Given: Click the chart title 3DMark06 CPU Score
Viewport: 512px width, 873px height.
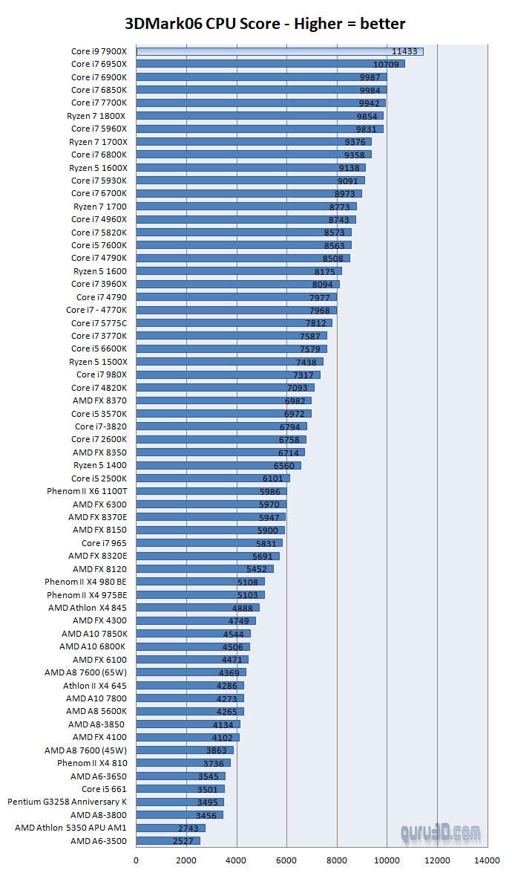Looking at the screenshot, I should [256, 23].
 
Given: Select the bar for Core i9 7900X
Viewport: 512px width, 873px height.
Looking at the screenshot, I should [280, 51].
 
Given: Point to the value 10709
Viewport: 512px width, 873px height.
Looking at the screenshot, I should [386, 65].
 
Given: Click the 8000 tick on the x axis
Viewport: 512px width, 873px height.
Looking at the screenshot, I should [337, 860].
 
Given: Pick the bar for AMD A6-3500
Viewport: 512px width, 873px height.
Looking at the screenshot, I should [168, 841].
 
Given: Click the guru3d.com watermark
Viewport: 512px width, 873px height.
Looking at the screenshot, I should [440, 833].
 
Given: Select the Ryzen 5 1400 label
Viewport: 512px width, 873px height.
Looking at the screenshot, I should [100, 465].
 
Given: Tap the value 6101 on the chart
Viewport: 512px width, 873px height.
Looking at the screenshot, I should [273, 478].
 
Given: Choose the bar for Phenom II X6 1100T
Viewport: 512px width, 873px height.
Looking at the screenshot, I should [211, 491].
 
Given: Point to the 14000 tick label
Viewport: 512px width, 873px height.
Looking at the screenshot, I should [488, 860].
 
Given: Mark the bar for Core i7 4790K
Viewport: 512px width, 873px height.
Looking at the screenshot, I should [243, 259].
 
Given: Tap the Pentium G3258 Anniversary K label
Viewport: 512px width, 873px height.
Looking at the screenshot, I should [68, 802].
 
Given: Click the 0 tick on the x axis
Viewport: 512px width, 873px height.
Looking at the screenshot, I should [137, 860].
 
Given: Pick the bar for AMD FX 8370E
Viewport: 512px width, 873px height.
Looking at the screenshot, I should [211, 517].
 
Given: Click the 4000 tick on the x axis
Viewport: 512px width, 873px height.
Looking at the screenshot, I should [237, 860].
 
